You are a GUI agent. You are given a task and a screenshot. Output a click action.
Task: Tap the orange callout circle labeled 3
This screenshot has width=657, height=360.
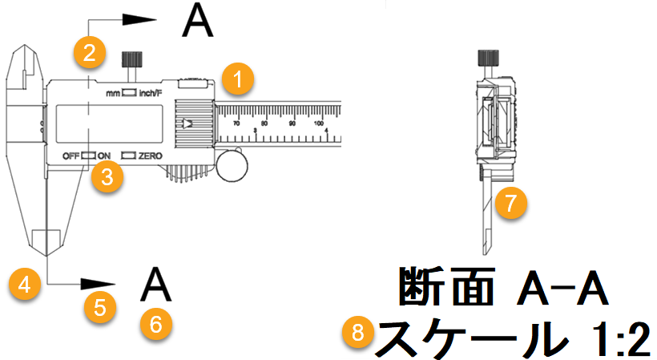pyautogui.click(x=107, y=176)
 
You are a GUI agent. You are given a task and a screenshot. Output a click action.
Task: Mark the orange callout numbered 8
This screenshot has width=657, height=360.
pyautogui.click(x=357, y=332)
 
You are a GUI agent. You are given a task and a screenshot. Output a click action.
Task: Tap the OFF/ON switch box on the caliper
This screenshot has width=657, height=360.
pyautogui.click(x=88, y=154)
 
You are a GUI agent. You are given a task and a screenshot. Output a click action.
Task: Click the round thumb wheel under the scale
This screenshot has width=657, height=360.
pyautogui.click(x=232, y=164)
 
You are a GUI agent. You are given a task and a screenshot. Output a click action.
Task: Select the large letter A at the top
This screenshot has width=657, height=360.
pyautogui.click(x=197, y=21)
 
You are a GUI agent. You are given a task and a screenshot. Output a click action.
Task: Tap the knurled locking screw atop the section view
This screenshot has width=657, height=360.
pyautogui.click(x=486, y=58)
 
